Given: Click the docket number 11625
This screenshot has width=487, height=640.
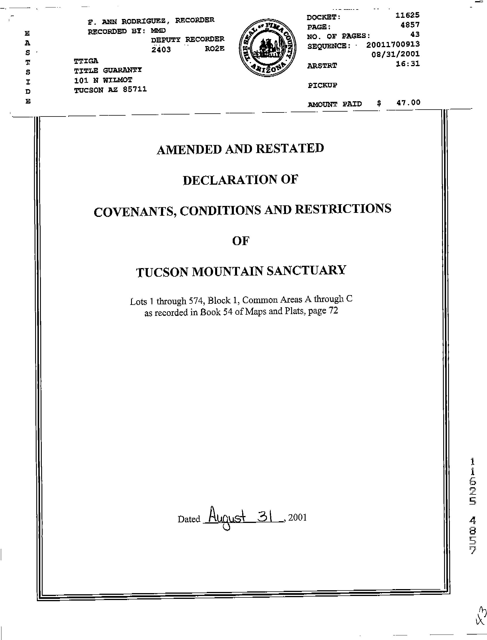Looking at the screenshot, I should [407, 15].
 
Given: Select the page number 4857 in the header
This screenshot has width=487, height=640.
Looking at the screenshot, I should [410, 25].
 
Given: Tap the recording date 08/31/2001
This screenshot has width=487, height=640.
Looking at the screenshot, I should [395, 54].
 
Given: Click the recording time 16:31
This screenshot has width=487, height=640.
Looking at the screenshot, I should [408, 64].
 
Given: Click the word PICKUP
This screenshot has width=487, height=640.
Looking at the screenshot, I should [322, 85].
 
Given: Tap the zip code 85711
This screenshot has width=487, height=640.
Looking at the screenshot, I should [134, 89].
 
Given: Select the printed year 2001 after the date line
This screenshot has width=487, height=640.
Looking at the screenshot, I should [297, 517].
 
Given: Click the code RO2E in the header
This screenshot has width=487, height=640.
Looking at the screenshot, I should [215, 49].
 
